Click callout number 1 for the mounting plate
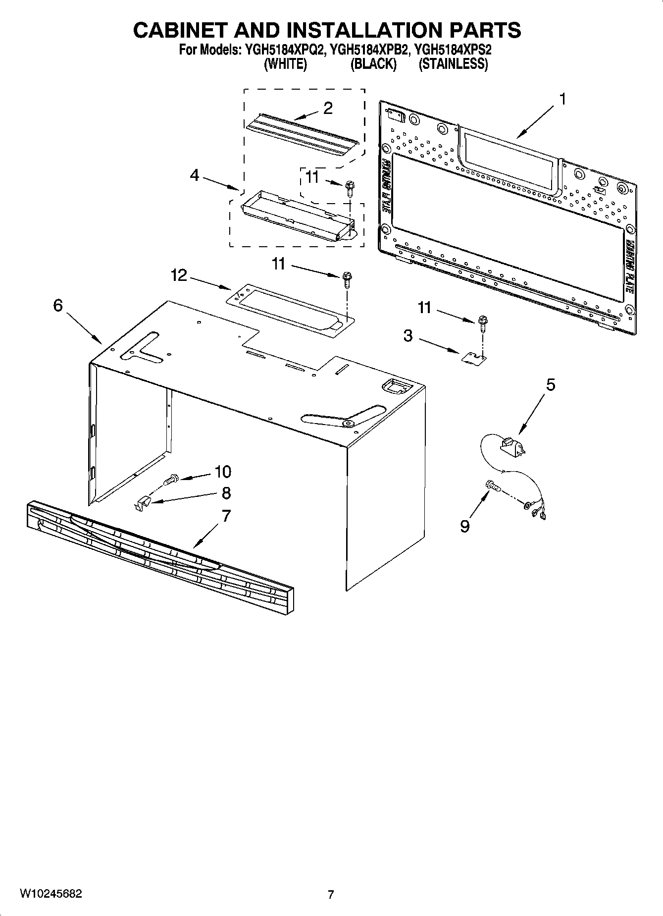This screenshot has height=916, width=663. pos(562,100)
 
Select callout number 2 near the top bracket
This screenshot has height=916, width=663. pos(328,108)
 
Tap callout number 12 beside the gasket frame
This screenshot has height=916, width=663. pos(179,275)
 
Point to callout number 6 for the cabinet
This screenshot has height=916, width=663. pos(58,306)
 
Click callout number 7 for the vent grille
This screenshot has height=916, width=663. pos(226,516)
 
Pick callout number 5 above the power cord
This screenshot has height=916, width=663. pos(550,385)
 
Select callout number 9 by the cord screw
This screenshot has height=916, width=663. pos(464,526)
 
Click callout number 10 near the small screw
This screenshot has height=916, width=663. pos(223,472)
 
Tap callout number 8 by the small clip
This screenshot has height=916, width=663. pos(226,493)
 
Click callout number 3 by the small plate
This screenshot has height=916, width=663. pos(408,336)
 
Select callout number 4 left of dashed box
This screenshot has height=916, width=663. pos(195,175)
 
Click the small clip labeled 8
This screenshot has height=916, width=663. pos(143,504)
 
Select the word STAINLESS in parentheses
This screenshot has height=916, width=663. pos(453,64)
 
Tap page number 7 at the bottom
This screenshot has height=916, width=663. pos(331,894)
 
